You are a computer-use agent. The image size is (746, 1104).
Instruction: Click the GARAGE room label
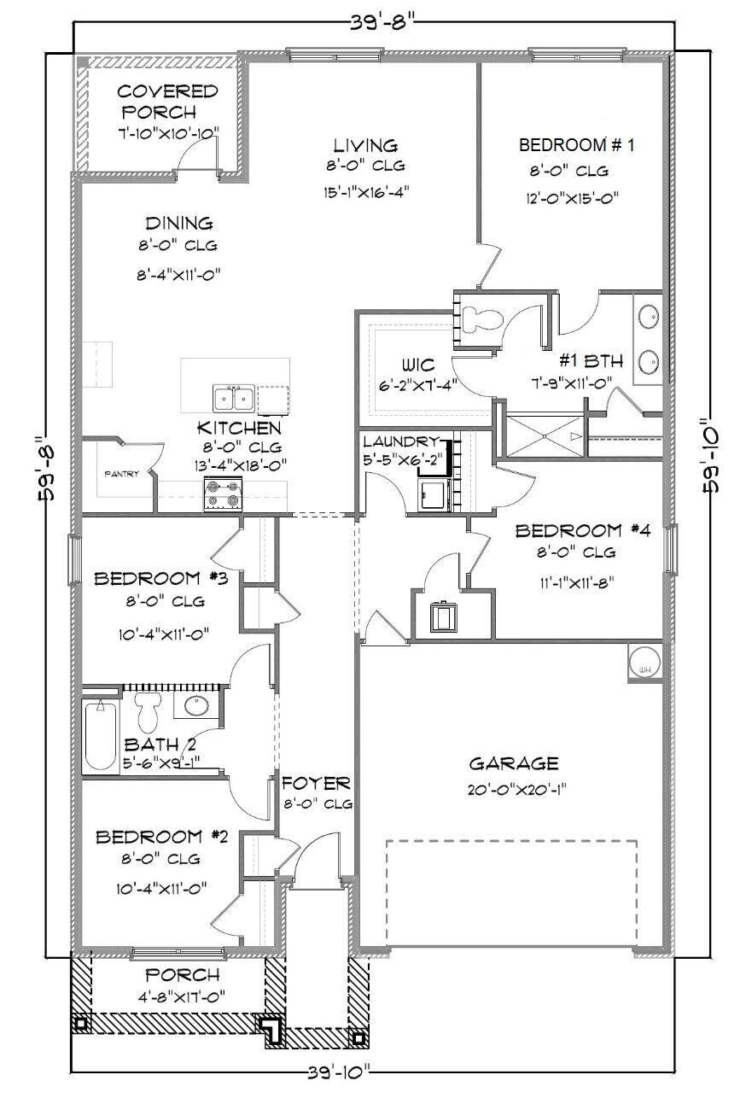point(513,763)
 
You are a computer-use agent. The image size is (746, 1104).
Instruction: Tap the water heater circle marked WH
point(644,661)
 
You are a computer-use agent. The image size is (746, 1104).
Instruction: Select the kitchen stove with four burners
point(224,495)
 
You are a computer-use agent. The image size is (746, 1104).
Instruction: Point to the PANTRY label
point(121,475)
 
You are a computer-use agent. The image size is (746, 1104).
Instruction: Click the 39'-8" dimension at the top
point(374,19)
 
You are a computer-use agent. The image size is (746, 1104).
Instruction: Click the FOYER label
point(316,783)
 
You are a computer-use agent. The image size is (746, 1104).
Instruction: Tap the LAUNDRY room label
point(401,442)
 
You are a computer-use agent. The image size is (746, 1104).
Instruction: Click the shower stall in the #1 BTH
point(542,435)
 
